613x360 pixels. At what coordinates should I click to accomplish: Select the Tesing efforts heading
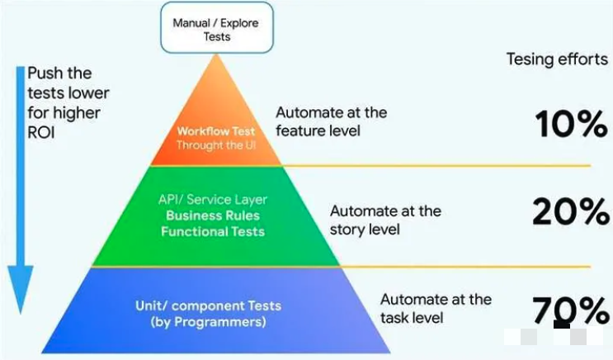(x=556, y=60)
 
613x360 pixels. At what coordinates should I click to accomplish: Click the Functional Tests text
(x=213, y=231)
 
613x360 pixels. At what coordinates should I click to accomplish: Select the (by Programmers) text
(x=208, y=321)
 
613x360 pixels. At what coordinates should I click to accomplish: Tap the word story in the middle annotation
(x=347, y=230)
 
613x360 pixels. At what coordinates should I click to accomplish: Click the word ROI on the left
(x=42, y=130)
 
